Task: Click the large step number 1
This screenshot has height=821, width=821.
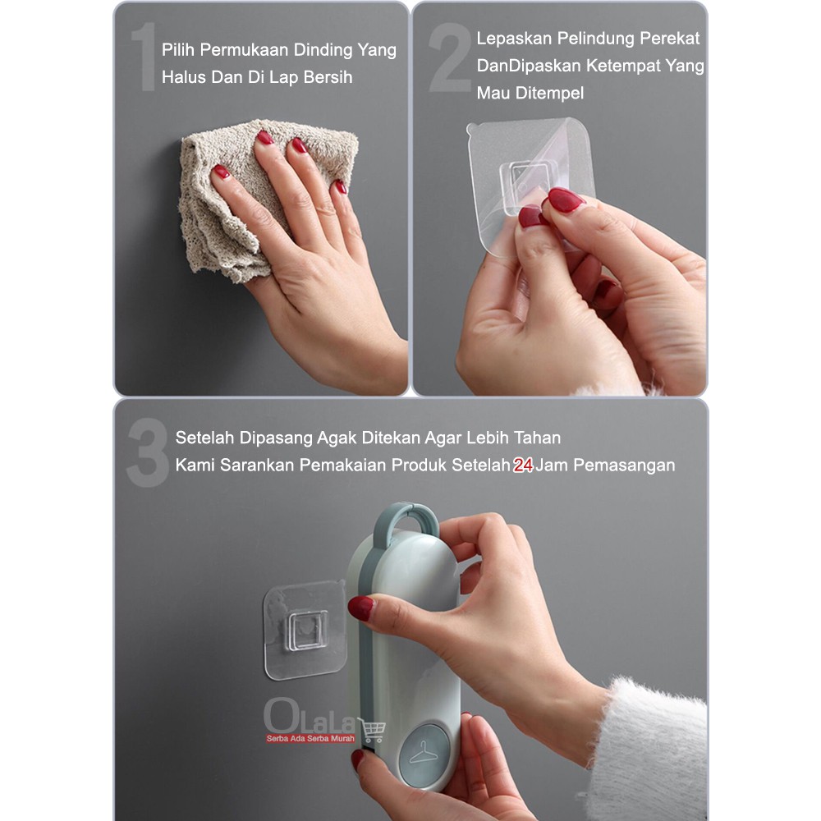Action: point(144,57)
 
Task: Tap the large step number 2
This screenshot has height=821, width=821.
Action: point(450,57)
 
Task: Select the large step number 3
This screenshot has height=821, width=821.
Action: point(148,452)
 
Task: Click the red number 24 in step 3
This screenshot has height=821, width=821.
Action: point(522,465)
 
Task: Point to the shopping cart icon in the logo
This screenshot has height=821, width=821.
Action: point(372,729)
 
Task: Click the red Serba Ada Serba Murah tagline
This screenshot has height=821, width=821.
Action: point(310,738)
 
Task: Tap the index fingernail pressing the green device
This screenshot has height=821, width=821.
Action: point(361,608)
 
